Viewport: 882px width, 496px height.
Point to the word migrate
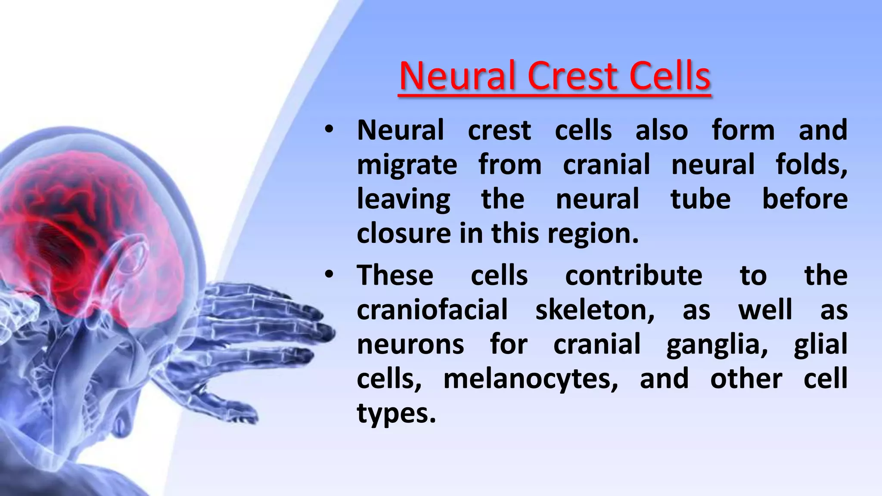pyautogui.click(x=407, y=165)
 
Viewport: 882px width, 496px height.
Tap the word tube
pyautogui.click(x=700, y=199)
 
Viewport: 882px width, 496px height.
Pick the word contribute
pyautogui.click(x=633, y=275)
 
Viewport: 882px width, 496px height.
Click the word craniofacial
pyautogui.click(x=432, y=310)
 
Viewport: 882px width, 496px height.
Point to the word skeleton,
pyautogui.click(x=595, y=310)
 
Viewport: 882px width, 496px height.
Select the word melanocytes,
pyautogui.click(x=531, y=379)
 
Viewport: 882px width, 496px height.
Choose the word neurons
pyautogui.click(x=410, y=344)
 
